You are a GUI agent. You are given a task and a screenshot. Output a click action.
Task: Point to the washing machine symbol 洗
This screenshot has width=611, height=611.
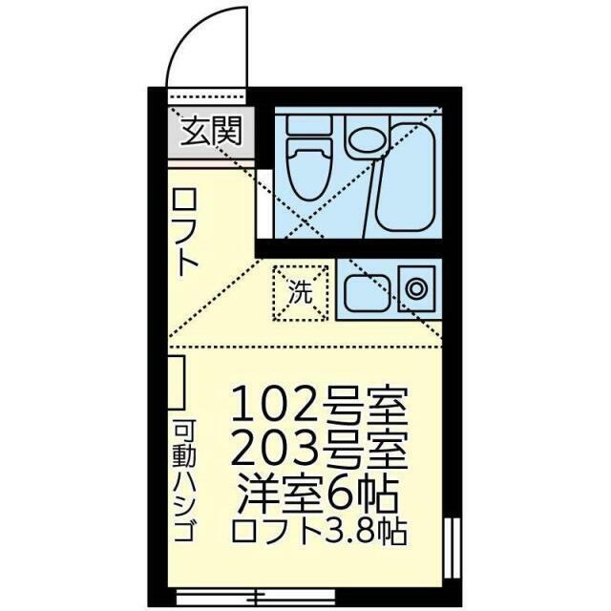(302, 292)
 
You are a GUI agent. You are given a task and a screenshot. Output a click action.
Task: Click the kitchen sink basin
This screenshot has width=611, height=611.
(368, 290)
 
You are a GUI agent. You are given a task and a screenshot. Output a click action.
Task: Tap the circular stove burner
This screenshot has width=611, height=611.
(416, 286)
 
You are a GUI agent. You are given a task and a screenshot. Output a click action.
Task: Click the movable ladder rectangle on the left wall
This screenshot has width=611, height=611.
(178, 383)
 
